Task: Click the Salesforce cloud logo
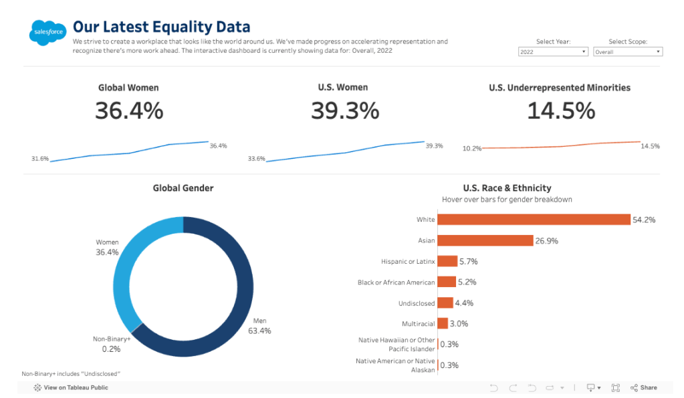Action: tap(47, 32)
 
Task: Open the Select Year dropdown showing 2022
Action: tap(553, 51)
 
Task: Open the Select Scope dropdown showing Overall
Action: tap(628, 51)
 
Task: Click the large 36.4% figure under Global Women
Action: tap(129, 110)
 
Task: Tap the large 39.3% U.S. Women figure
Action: tap(345, 110)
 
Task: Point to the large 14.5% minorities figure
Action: tap(561, 110)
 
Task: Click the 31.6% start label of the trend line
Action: tap(40, 159)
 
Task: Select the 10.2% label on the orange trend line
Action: tap(471, 148)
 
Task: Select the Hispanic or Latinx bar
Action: tap(447, 261)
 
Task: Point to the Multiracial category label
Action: tap(418, 324)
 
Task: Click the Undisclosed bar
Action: tap(445, 303)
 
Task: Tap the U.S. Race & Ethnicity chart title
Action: tap(507, 188)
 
